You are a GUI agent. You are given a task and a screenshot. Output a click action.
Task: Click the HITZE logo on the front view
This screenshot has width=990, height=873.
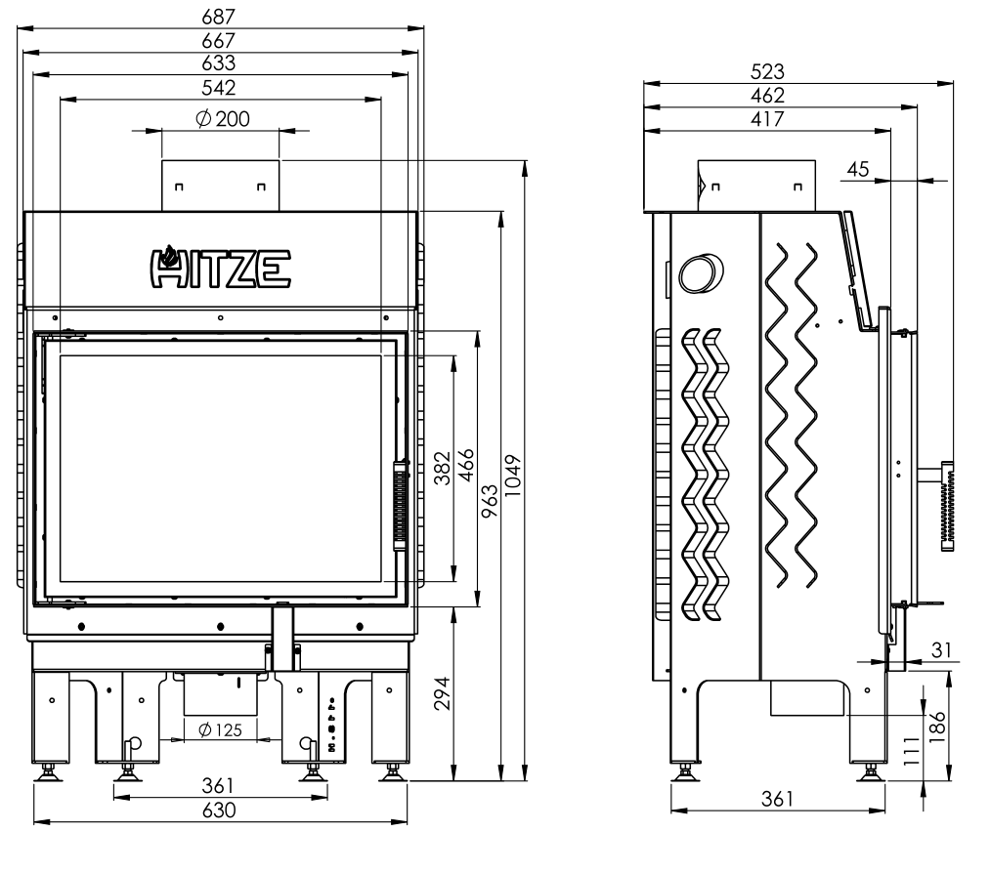click(220, 267)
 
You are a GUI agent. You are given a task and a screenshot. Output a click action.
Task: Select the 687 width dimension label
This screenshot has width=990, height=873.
click(219, 17)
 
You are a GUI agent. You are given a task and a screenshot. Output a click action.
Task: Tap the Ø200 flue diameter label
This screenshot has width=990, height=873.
click(223, 118)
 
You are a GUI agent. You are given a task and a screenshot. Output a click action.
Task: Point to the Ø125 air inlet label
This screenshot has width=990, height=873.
click(220, 729)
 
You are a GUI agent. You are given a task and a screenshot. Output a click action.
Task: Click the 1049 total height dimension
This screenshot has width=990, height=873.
click(513, 475)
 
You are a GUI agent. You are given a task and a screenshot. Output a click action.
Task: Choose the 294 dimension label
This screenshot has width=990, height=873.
click(443, 693)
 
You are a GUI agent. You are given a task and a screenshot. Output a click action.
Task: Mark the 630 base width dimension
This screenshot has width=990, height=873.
click(219, 810)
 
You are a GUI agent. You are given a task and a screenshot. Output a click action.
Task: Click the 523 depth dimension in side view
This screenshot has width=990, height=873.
click(767, 71)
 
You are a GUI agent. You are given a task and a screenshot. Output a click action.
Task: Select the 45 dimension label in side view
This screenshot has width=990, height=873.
click(857, 169)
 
